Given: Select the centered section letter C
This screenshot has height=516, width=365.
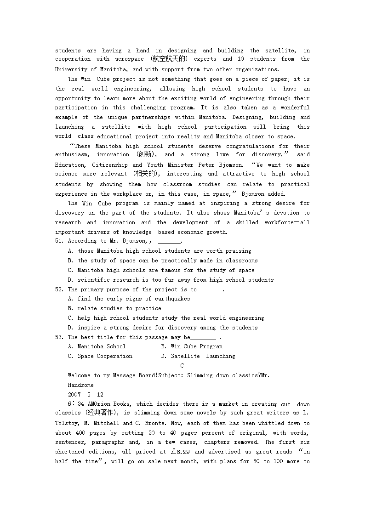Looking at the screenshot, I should [x=182, y=366].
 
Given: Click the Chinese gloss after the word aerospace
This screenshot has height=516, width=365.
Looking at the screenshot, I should [x=169, y=59].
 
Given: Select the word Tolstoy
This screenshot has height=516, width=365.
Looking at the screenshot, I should [x=68, y=423].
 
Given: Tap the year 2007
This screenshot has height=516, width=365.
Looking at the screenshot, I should [x=74, y=395].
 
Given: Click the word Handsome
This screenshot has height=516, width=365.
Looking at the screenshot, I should [x=80, y=385].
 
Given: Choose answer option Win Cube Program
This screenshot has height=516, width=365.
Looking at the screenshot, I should [x=196, y=346].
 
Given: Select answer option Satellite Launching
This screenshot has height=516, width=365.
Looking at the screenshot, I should [x=203, y=356].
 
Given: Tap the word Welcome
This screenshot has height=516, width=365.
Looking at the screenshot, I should [x=79, y=375].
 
